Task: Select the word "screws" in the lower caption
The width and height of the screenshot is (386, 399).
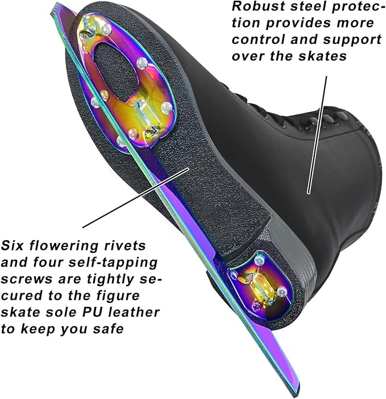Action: [26, 279]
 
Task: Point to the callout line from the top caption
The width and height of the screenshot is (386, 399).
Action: [317, 135]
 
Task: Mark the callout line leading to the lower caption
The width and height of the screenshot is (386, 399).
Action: [136, 198]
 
